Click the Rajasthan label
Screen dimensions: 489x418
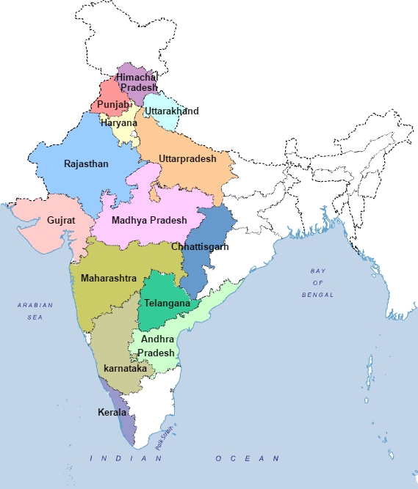pos(86,164)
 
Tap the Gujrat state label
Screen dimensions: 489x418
pos(61,220)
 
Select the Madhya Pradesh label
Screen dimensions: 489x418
pos(149,220)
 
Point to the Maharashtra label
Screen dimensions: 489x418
pos(109,279)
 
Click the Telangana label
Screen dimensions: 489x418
pos(167,304)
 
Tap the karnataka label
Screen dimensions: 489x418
pos(126,368)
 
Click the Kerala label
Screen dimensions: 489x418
pos(112,413)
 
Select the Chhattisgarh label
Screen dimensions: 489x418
pos(200,247)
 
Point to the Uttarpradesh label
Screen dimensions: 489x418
pos(187,159)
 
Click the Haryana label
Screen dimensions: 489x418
pos(119,123)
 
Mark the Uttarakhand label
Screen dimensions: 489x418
pos(165,111)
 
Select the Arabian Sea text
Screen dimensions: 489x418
pos(35,311)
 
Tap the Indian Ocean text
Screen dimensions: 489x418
pos(184,458)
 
